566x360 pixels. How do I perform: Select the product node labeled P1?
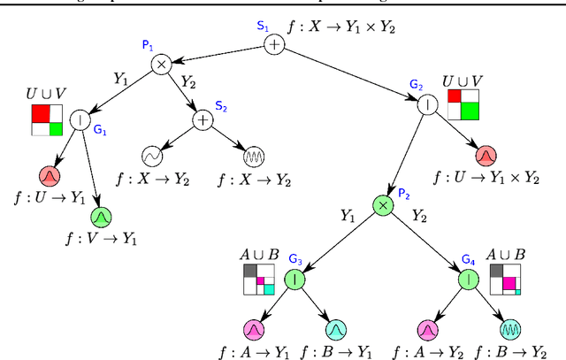point(161,64)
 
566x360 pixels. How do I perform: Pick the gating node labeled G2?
point(428,102)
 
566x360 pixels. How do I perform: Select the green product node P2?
point(382,204)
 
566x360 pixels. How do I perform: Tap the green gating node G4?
point(467,280)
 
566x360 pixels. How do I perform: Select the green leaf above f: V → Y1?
point(101,216)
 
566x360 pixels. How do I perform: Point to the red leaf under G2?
point(486,156)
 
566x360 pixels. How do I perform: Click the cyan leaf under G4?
point(509,330)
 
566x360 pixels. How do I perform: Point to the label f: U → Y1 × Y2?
point(487,178)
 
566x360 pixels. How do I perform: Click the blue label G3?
point(294,259)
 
